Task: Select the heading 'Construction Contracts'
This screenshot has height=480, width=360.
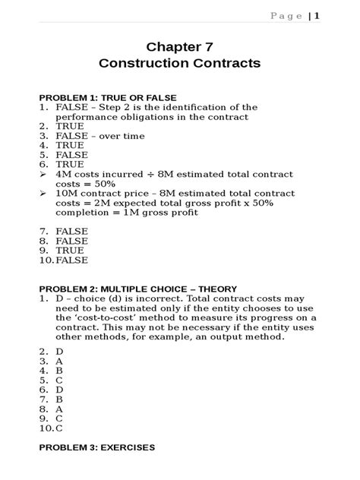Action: tap(179, 64)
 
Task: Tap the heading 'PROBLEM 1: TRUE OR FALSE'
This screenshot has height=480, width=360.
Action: tap(108, 98)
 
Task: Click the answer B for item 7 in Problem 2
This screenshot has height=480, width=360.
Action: tap(59, 398)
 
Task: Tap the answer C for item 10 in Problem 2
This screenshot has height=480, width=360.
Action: tap(59, 427)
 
